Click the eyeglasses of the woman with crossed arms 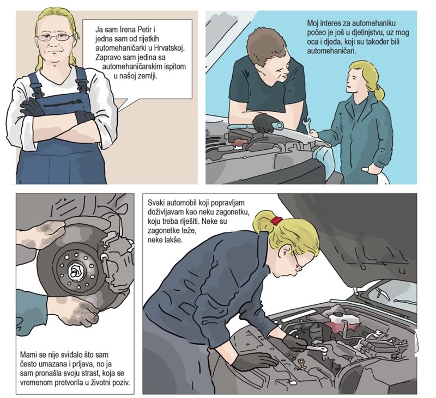(54, 36)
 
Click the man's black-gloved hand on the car (262, 123)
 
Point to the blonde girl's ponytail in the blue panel (380, 93)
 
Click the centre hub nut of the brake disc (76, 270)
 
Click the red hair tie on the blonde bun (276, 221)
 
